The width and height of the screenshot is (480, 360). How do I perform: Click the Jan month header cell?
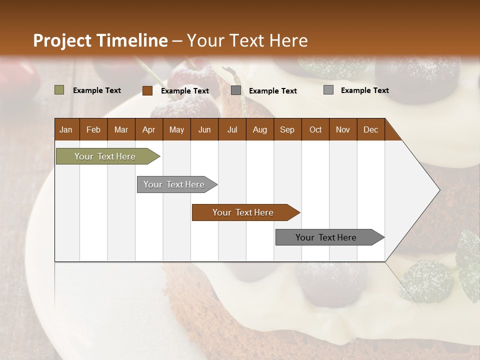[x=66, y=129]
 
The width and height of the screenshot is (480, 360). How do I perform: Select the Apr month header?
[x=149, y=129]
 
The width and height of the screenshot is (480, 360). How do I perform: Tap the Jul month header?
[x=232, y=129]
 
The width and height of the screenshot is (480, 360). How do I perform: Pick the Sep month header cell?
[x=287, y=129]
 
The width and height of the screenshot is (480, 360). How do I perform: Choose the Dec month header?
[x=371, y=129]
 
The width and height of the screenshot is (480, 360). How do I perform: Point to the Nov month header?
[x=343, y=129]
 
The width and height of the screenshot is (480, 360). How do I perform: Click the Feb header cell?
[x=93, y=129]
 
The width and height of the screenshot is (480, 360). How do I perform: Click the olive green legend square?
[x=59, y=90]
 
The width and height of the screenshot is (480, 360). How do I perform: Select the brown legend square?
[x=147, y=90]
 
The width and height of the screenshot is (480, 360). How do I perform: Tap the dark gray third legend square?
[x=236, y=90]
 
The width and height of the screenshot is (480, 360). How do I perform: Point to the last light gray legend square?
[x=328, y=90]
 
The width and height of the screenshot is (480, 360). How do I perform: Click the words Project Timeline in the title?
[x=100, y=40]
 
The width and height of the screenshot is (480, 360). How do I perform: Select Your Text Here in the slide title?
[x=247, y=40]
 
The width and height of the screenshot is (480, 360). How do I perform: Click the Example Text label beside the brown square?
[x=185, y=91]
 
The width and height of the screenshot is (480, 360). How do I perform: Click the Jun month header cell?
[x=204, y=129]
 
